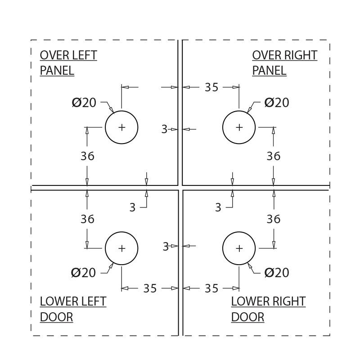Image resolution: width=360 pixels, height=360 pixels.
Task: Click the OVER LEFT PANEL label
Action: click(x=68, y=63)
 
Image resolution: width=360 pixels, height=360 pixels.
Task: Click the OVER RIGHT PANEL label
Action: click(x=284, y=63)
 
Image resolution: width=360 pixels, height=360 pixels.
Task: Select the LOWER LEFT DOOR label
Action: click(x=73, y=309)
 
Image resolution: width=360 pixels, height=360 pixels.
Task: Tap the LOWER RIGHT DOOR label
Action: click(x=268, y=309)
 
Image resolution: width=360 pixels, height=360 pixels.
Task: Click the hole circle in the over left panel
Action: click(x=121, y=127)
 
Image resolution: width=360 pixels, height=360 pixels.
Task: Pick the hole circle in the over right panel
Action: click(x=239, y=127)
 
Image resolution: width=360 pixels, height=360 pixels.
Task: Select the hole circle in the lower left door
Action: click(x=121, y=248)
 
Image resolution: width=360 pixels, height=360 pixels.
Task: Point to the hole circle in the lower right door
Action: click(x=239, y=248)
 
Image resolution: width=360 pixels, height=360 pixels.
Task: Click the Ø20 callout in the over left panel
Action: click(x=84, y=103)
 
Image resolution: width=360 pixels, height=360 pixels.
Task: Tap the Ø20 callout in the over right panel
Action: click(x=277, y=103)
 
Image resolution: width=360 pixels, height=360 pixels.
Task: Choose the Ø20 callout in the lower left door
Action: click(x=84, y=273)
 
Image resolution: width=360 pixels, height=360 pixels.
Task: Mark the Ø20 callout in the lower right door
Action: click(x=277, y=273)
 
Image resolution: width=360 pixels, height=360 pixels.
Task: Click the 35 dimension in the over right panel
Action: click(x=211, y=87)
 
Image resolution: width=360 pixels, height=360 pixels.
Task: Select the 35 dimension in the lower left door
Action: click(x=150, y=288)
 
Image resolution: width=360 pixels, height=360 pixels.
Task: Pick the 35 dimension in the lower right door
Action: click(x=211, y=288)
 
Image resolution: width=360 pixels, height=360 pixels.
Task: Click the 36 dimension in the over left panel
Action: click(x=87, y=156)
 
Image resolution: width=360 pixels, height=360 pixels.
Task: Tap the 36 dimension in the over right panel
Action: click(x=274, y=156)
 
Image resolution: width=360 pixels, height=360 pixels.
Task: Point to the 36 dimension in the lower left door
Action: click(x=87, y=219)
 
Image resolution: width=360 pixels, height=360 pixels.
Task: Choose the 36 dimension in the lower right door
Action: click(x=274, y=219)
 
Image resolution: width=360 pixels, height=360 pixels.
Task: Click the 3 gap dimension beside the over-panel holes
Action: click(x=164, y=130)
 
